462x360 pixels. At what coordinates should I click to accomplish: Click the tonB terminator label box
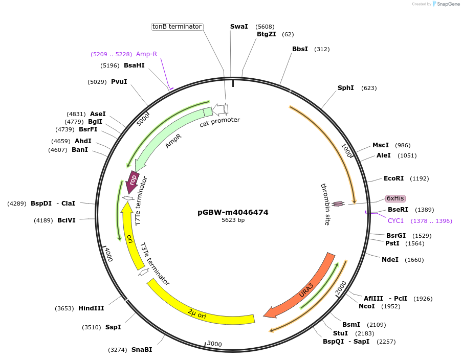(x=177, y=27)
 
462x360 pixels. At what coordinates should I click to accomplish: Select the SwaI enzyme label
(x=239, y=27)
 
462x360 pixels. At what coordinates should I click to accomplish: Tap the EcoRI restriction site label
(x=393, y=178)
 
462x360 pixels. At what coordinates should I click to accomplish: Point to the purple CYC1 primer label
(x=396, y=221)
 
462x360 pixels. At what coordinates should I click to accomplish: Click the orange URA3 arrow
(x=302, y=289)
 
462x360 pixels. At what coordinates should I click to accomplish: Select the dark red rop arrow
(x=133, y=181)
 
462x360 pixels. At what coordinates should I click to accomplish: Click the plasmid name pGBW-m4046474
(x=233, y=212)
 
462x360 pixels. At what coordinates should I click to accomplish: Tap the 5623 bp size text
(x=233, y=220)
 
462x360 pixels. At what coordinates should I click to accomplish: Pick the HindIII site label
(x=91, y=308)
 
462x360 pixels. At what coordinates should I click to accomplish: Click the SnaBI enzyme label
(x=142, y=350)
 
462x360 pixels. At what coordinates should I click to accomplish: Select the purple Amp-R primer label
(x=146, y=54)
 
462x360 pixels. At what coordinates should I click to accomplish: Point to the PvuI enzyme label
(x=119, y=82)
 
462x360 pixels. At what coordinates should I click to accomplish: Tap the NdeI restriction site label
(x=390, y=260)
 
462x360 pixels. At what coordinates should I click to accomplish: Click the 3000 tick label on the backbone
(x=215, y=344)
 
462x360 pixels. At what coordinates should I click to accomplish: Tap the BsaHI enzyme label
(x=134, y=65)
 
